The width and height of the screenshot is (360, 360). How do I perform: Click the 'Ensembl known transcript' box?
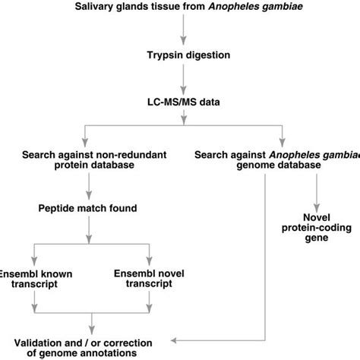click(x=34, y=277)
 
